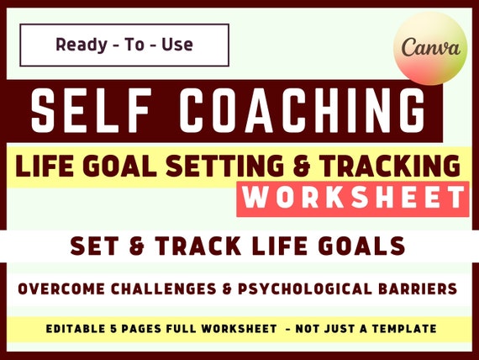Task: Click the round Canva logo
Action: click(430, 48)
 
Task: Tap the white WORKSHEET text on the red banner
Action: click(353, 199)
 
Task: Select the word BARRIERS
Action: click(425, 289)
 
